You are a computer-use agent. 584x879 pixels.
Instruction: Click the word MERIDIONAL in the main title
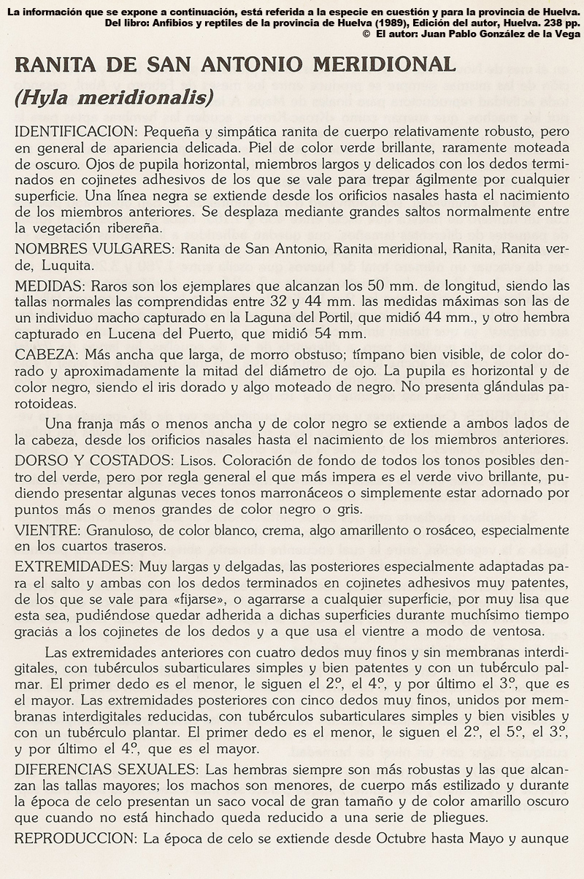point(384,64)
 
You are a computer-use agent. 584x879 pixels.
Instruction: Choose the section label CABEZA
point(47,353)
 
